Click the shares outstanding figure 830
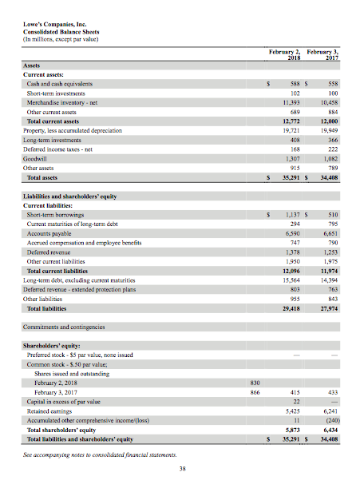tap(255, 383)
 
